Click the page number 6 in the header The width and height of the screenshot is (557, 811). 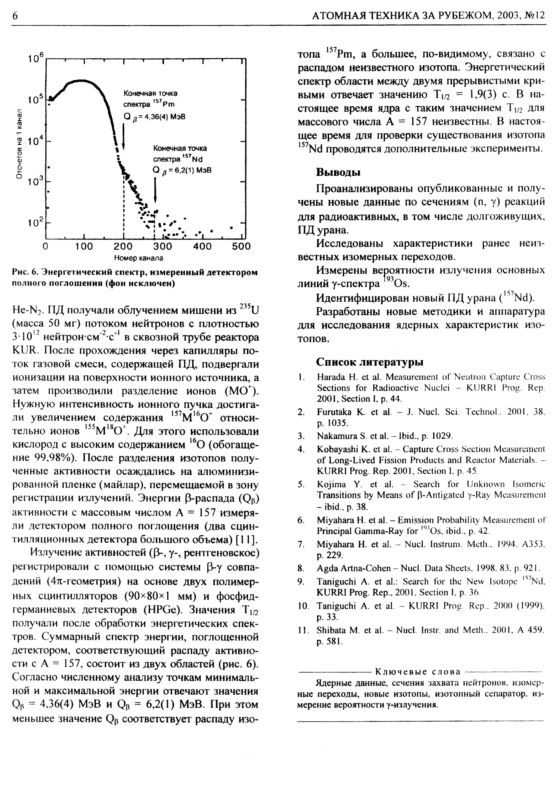click(15, 16)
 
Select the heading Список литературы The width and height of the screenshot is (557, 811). click(370, 362)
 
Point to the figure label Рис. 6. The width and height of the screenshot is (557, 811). click(24, 272)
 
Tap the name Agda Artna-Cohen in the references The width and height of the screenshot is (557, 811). click(353, 568)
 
